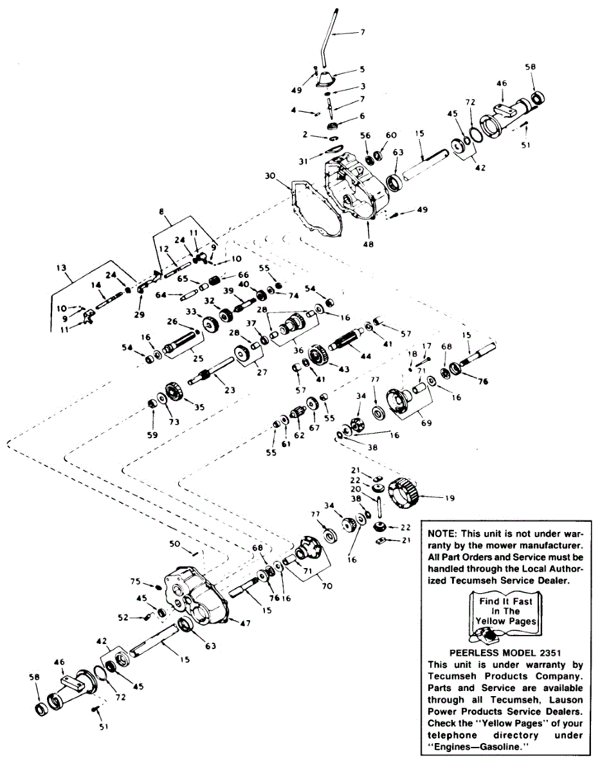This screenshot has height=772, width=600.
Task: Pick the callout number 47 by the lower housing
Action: tap(245, 622)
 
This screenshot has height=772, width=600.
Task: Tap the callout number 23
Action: tap(230, 389)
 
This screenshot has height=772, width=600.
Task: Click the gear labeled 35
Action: tap(172, 393)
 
